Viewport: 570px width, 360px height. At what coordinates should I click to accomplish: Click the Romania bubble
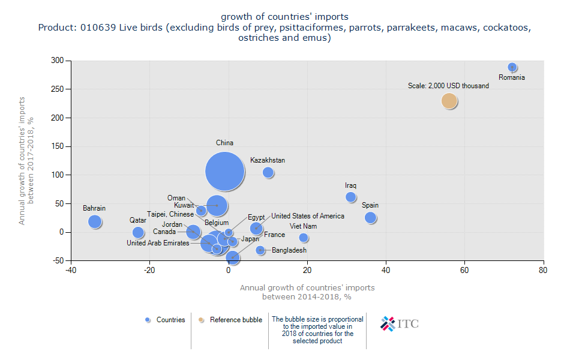(x=512, y=68)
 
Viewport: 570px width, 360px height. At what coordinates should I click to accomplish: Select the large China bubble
(x=225, y=172)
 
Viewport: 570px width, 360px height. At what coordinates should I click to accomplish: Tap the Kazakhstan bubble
(x=268, y=173)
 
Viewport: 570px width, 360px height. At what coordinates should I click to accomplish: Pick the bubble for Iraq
(x=351, y=197)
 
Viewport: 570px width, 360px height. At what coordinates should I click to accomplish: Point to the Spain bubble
(x=370, y=218)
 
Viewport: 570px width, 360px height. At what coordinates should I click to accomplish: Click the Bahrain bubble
(x=95, y=221)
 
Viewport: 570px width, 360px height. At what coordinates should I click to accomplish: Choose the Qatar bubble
(x=138, y=232)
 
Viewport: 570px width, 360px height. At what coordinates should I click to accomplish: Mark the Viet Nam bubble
(x=304, y=238)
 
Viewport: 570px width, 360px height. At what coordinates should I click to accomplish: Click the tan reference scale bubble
(x=449, y=101)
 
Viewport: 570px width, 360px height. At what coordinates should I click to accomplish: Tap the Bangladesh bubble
(x=260, y=250)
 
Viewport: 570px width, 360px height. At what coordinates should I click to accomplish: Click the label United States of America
(x=308, y=216)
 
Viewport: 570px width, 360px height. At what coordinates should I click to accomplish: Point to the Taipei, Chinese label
(x=170, y=214)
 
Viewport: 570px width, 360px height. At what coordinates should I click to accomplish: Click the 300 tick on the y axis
(x=58, y=61)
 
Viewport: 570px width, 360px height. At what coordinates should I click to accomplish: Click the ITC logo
(x=400, y=323)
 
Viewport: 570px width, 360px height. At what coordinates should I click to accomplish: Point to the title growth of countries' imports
(x=284, y=16)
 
